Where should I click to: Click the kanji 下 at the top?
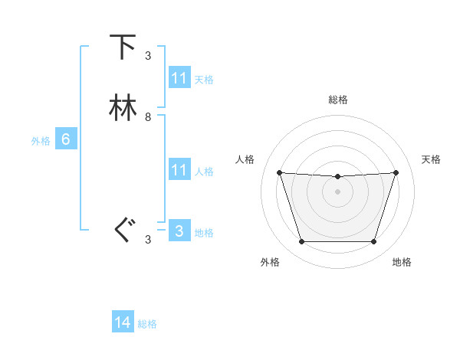123,47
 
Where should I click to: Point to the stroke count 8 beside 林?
148,117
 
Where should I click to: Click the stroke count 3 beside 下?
148,55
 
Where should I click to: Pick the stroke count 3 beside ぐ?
148,239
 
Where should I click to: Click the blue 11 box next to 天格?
179,78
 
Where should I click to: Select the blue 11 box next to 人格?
179,170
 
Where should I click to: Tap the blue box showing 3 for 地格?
179,231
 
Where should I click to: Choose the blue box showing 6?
65,139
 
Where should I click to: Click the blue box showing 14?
123,322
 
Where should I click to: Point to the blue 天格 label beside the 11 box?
204,80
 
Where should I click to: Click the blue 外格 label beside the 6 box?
41,141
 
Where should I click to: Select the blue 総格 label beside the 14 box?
147,324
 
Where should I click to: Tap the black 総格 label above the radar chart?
337,100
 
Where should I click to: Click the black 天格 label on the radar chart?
432,159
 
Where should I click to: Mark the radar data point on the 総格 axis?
337,177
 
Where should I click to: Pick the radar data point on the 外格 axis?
301,242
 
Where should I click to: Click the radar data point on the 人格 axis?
279,173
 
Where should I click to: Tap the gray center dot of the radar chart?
337,191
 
